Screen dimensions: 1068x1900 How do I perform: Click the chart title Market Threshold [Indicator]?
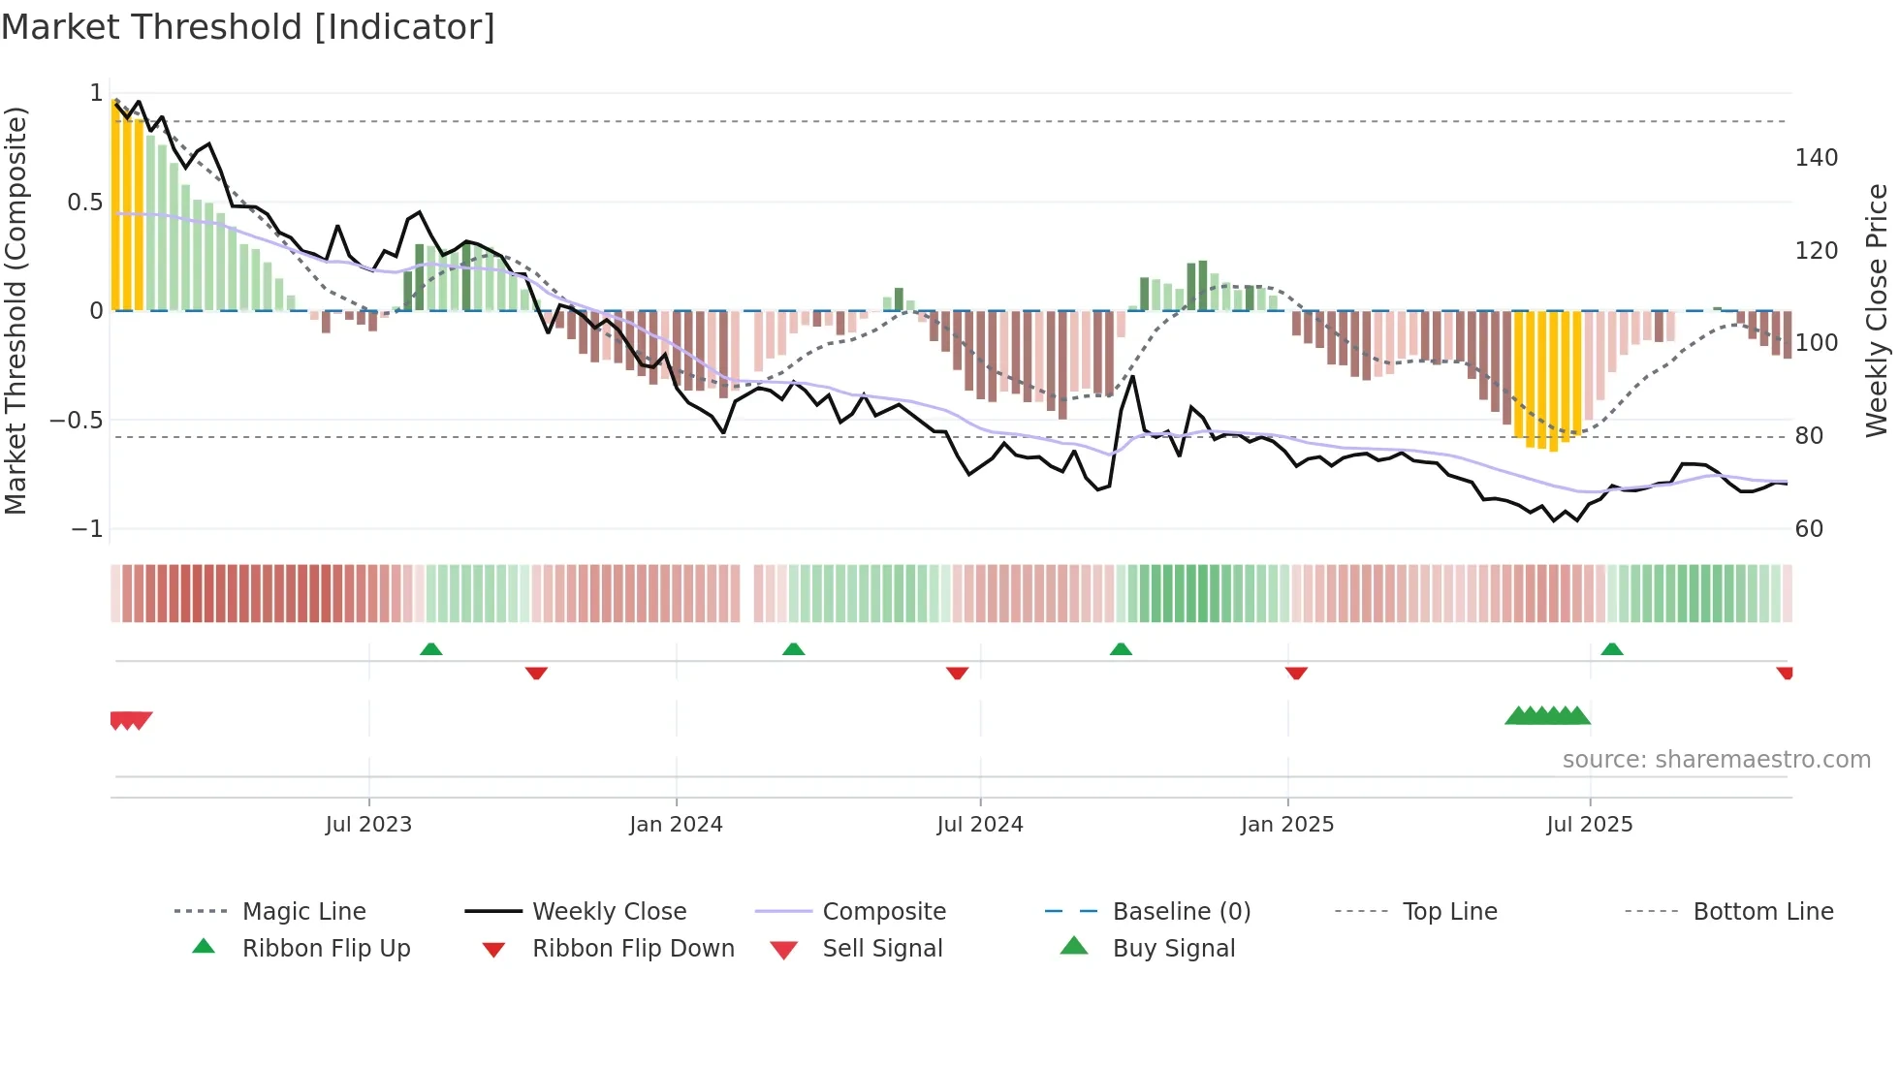click(248, 27)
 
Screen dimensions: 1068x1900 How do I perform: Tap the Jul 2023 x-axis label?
click(368, 825)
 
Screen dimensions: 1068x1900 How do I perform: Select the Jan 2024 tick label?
click(676, 825)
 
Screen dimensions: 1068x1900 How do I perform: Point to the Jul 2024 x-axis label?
click(980, 825)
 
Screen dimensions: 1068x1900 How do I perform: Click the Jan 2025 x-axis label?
click(1287, 825)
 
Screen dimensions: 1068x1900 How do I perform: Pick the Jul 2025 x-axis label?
click(1590, 825)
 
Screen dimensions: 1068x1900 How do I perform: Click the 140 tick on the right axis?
click(1816, 158)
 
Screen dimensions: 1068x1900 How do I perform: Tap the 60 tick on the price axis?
click(1809, 529)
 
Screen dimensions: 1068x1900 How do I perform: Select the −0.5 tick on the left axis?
click(77, 421)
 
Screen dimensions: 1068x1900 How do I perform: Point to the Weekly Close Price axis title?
click(1877, 310)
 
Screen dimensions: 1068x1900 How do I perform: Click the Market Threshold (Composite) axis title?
click(16, 310)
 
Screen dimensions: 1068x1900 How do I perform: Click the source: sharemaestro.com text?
click(1716, 760)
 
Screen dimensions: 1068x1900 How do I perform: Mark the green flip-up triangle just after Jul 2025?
click(1612, 649)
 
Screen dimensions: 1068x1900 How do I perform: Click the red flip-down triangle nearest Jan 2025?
click(1296, 673)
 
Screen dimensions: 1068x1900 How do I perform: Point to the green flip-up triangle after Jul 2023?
click(431, 649)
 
